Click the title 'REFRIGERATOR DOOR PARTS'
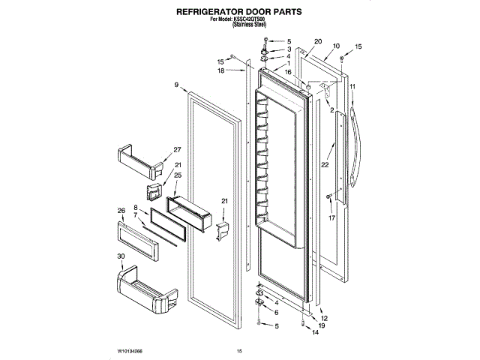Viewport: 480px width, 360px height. pyautogui.click(x=239, y=13)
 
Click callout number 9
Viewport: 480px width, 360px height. pyautogui.click(x=177, y=85)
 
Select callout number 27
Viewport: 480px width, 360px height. pyautogui.click(x=178, y=148)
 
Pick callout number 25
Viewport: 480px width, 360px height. pyautogui.click(x=178, y=175)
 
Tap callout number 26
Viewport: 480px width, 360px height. pyautogui.click(x=120, y=210)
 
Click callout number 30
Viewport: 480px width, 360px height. pyautogui.click(x=120, y=256)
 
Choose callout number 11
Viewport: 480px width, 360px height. pyautogui.click(x=352, y=87)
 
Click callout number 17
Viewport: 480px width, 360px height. pyautogui.click(x=331, y=219)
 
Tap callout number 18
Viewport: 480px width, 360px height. pyautogui.click(x=221, y=70)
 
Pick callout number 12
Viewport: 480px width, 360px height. pyautogui.click(x=324, y=319)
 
